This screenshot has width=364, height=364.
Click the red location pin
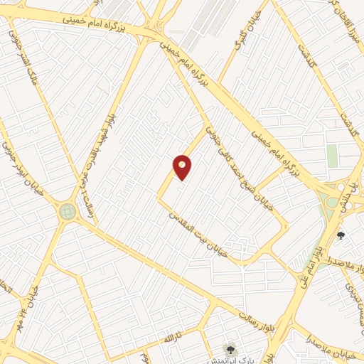coord(183,166)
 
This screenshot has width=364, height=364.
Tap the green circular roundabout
coord(68,210)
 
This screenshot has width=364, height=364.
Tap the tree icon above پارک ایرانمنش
coord(229,348)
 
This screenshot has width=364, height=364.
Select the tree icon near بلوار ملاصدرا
coord(341,235)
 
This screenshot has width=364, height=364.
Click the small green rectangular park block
coord(332,156)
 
